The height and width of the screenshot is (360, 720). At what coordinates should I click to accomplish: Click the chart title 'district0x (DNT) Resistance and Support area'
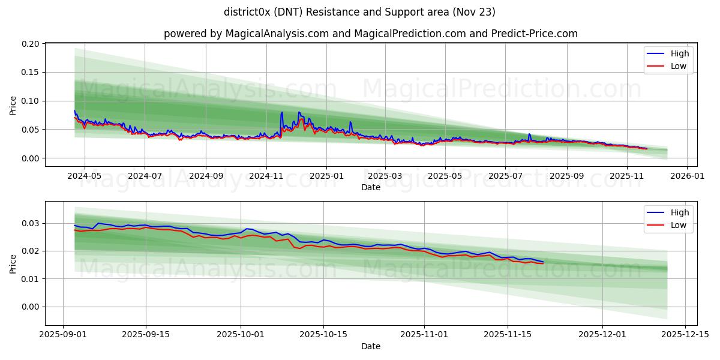(x=359, y=12)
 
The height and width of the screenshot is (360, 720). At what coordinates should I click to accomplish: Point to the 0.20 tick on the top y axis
(x=31, y=44)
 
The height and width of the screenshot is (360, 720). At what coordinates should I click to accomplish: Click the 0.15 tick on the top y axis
(x=31, y=72)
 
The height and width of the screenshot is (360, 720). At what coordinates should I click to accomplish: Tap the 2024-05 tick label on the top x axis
(x=84, y=176)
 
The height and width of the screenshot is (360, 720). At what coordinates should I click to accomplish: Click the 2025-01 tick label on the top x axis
(x=327, y=176)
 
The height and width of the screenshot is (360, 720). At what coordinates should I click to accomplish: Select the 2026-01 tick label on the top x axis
(x=688, y=176)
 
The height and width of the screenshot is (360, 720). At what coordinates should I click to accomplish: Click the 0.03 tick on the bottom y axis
(x=31, y=223)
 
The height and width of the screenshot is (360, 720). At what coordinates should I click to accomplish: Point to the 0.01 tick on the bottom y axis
(x=31, y=279)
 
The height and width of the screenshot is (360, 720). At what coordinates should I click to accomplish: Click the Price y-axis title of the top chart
(x=13, y=105)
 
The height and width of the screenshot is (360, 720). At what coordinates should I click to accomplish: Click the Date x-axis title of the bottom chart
(x=370, y=346)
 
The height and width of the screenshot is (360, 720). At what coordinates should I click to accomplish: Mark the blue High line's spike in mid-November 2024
(x=282, y=112)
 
